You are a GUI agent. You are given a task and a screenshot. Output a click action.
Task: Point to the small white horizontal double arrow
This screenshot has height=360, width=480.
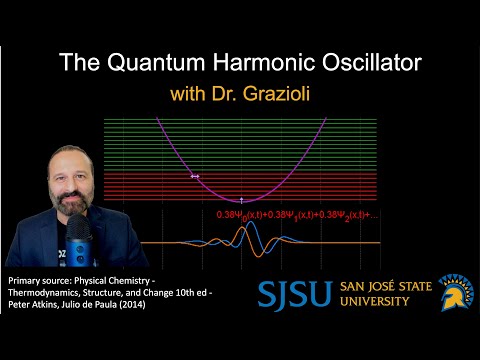(x=196, y=177)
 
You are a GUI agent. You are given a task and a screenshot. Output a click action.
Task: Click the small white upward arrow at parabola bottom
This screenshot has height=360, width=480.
(x=243, y=201)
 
